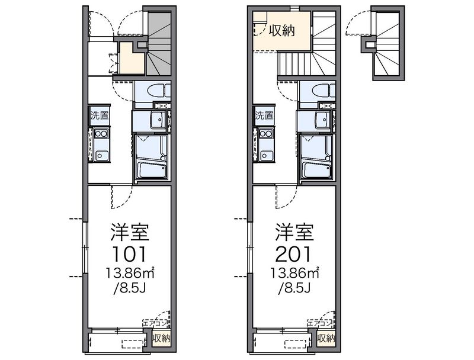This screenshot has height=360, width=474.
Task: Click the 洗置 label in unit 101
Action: [x=99, y=116]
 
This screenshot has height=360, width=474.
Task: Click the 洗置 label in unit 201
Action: [x=264, y=116]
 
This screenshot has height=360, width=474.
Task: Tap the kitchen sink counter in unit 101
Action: [x=100, y=144]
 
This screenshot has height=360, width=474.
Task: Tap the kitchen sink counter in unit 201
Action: [x=265, y=144]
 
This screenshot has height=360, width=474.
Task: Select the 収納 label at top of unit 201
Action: [x=282, y=31]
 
